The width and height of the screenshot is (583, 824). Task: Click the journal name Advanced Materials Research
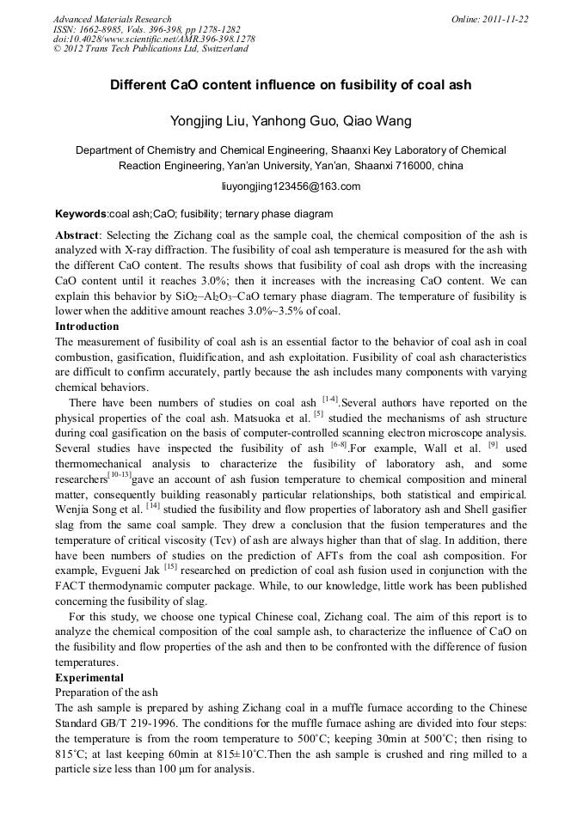pyautogui.click(x=112, y=19)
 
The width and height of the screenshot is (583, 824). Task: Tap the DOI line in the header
pyautogui.click(x=153, y=39)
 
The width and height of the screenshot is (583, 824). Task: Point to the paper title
pyautogui.click(x=291, y=86)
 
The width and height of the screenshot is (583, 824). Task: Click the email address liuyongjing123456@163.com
pyautogui.click(x=291, y=186)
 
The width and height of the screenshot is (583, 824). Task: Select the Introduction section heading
pyautogui.click(x=87, y=327)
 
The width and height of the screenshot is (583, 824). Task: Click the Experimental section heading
pyautogui.click(x=89, y=678)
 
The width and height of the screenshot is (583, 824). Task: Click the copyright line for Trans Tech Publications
pyautogui.click(x=150, y=49)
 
